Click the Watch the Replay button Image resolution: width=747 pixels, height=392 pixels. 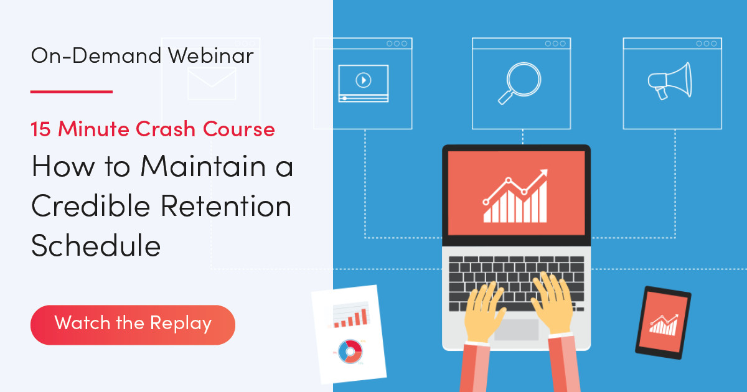click(x=133, y=324)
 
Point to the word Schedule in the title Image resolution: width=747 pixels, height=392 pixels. click(x=96, y=245)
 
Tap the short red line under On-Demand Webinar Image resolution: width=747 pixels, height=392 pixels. click(x=71, y=91)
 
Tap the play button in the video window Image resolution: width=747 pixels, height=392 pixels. click(x=363, y=80)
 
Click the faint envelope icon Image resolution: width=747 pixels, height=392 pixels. click(x=212, y=84)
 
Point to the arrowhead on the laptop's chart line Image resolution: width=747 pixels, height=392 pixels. click(x=545, y=172)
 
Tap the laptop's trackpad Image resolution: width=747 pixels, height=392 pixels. click(x=516, y=329)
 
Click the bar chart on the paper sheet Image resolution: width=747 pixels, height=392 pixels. click(x=350, y=315)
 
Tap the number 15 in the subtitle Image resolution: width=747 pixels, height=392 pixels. click(x=43, y=129)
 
